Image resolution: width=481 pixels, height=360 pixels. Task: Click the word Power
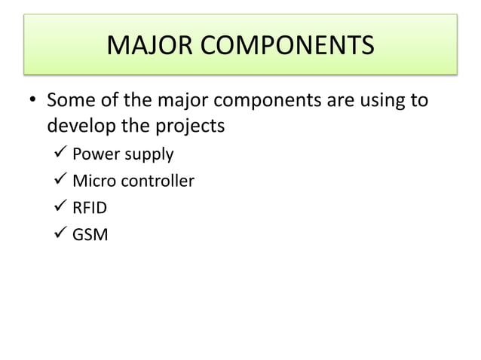[95, 155]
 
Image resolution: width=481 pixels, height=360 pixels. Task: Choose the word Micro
[93, 182]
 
